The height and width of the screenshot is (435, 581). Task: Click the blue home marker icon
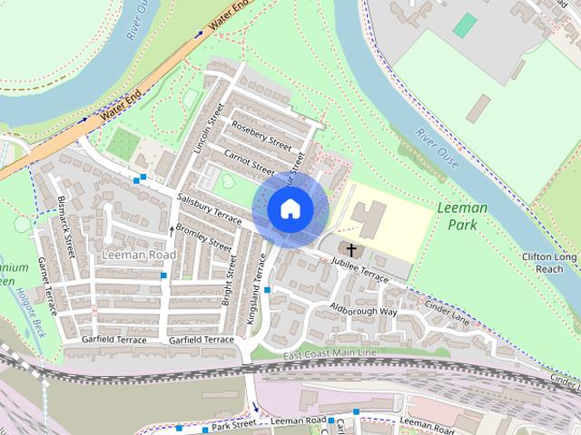(x=290, y=208)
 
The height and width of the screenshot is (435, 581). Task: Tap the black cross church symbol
(x=350, y=248)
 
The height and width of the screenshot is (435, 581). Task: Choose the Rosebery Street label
(x=262, y=137)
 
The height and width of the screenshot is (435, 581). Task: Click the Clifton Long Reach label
(x=549, y=263)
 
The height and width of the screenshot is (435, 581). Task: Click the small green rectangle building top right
(x=464, y=25)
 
